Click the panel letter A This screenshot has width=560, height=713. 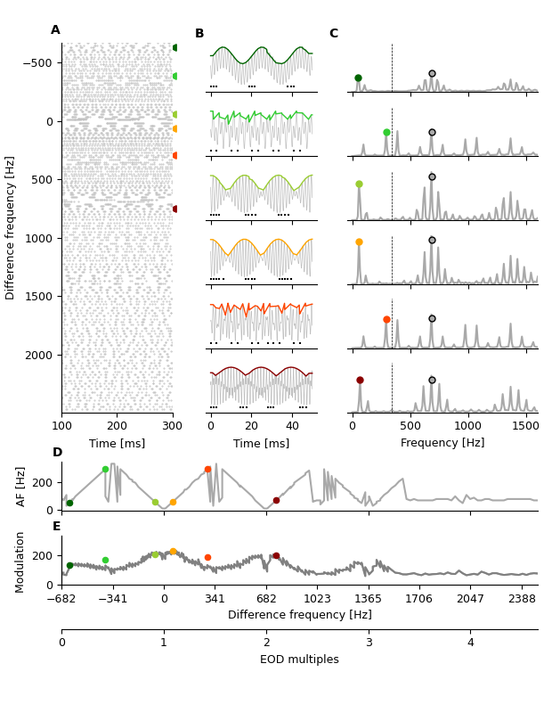click(x=55, y=30)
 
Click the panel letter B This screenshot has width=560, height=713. click(x=199, y=34)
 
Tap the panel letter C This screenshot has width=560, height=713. click(x=334, y=34)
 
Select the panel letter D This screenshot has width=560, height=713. click(x=57, y=453)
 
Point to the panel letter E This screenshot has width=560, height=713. click(x=57, y=527)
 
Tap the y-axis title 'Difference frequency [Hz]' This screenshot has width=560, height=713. click(x=11, y=227)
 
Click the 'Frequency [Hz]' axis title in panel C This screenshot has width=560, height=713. click(x=442, y=443)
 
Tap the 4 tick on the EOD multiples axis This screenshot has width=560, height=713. click(x=471, y=643)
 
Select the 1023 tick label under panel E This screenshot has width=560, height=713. click(x=318, y=598)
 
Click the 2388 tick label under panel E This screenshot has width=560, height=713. click(x=522, y=598)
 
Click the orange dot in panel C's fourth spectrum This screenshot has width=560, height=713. click(x=359, y=242)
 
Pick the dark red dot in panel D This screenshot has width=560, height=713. click(x=276, y=500)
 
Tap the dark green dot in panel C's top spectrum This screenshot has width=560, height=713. click(x=358, y=78)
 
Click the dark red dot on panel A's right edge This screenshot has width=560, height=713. click(x=175, y=209)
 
